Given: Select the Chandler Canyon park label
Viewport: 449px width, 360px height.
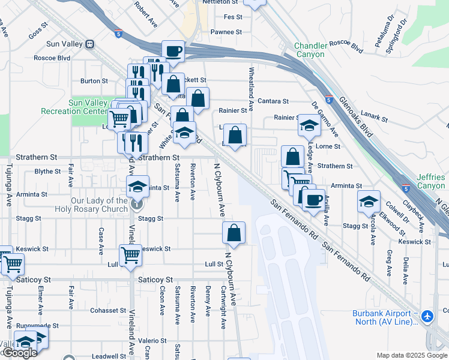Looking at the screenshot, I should [x=311, y=50].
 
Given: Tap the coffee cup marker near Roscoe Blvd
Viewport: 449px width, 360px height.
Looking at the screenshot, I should [x=173, y=51].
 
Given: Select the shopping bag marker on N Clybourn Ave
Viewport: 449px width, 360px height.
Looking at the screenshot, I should [x=234, y=233].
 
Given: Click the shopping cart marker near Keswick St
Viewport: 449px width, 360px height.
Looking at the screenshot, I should [x=130, y=255].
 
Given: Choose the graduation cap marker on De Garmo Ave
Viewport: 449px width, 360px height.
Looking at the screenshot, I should [x=309, y=125].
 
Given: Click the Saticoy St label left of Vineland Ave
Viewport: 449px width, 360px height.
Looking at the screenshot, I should [x=34, y=280].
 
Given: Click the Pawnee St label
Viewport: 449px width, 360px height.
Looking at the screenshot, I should [x=226, y=32].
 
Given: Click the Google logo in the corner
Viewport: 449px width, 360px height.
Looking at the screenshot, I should [x=19, y=353].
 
